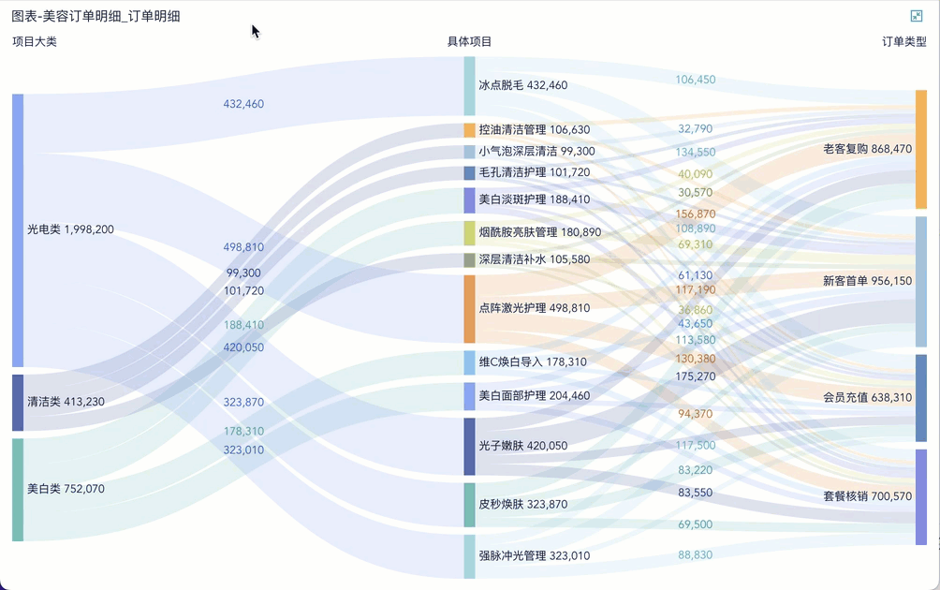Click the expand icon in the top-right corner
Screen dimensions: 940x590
point(916,16)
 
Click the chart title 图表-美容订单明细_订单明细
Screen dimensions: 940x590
point(95,16)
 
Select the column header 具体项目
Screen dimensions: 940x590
point(469,41)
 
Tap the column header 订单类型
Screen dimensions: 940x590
point(904,41)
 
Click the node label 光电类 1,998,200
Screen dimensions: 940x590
point(70,229)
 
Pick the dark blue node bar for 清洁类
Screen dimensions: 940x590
point(18,403)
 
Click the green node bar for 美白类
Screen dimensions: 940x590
point(18,490)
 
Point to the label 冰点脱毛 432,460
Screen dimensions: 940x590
point(522,85)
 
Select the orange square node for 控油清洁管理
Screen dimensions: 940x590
point(469,129)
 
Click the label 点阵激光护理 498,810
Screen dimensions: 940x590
point(535,308)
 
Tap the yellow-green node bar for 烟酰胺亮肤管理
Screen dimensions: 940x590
point(469,233)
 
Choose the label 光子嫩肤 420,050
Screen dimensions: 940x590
point(522,446)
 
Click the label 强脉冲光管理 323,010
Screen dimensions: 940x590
point(535,556)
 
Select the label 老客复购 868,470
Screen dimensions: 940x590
point(868,149)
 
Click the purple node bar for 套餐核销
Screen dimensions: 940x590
point(921,497)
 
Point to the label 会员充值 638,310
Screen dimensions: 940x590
point(868,397)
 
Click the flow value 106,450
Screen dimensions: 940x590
point(696,80)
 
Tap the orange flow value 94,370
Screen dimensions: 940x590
point(696,414)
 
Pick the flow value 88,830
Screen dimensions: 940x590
point(696,554)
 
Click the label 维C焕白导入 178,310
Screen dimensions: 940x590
point(533,361)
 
